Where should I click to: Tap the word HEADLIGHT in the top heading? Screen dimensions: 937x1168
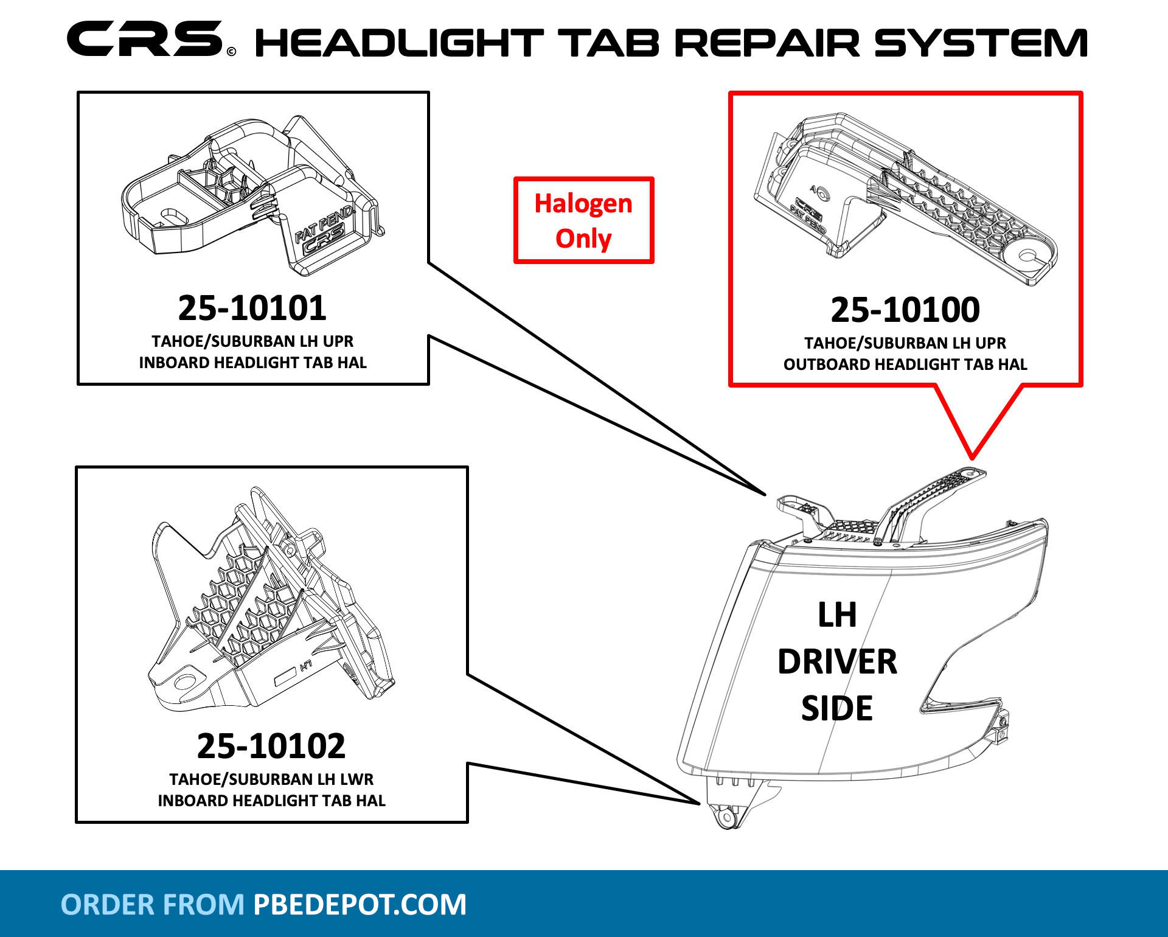[x=398, y=43]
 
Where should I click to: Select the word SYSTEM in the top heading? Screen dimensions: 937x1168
[x=981, y=43]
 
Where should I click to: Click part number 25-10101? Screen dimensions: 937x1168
[x=252, y=308]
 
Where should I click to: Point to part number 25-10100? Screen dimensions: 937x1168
[x=905, y=310]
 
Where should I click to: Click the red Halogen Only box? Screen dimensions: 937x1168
[x=583, y=220]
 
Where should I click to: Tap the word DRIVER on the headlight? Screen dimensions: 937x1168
[x=837, y=661]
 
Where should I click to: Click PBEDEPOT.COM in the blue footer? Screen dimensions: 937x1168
[x=360, y=904]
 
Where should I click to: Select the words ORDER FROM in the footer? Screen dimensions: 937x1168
[x=152, y=904]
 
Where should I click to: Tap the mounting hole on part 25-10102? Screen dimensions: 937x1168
[x=183, y=681]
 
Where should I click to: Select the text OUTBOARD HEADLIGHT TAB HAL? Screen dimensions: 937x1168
[x=905, y=364]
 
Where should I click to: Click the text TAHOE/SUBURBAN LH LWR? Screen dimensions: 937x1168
[x=271, y=779]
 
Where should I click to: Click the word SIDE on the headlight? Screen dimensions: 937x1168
[x=837, y=708]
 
